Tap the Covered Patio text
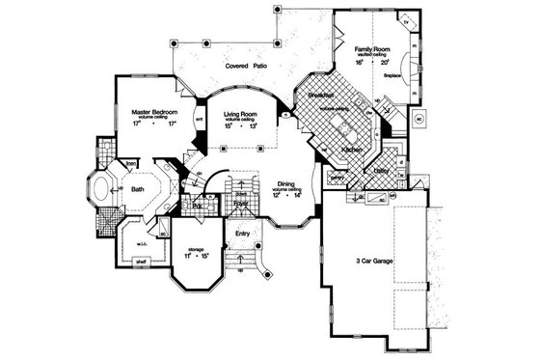[x=247, y=68]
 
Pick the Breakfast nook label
[x=321, y=97]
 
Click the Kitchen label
[x=351, y=150]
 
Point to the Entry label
[x=242, y=233]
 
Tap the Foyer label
[x=240, y=205]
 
